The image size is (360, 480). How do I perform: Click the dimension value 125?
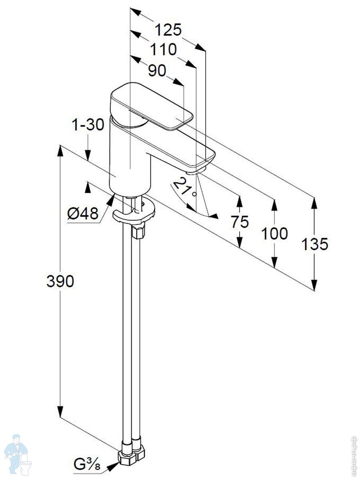tap(168, 30)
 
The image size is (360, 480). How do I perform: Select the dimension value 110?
tap(163, 50)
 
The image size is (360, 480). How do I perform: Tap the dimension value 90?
tap(157, 71)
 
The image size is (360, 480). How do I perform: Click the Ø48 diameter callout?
tap(83, 214)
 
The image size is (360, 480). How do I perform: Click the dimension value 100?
tap(274, 234)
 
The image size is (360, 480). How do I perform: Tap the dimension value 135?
tap(315, 244)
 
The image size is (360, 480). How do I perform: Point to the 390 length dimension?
tap(60, 282)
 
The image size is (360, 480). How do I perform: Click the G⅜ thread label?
tap(86, 464)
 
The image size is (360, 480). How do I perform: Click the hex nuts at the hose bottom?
tap(132, 456)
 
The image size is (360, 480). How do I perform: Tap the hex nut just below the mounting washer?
tap(138, 231)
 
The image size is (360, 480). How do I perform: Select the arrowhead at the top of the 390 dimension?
tap(60, 150)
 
